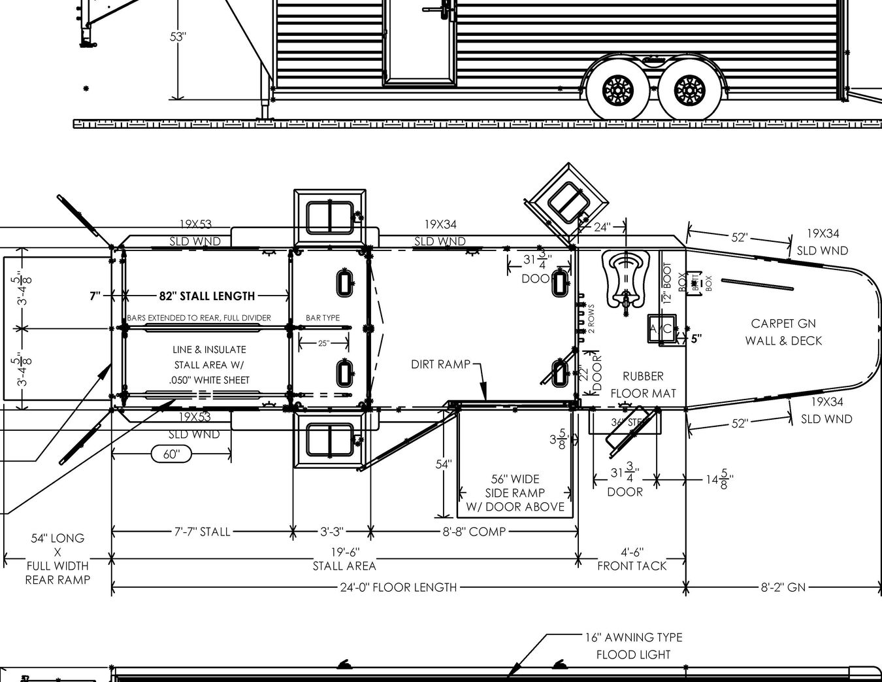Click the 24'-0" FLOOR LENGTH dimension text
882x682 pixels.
pyautogui.click(x=398, y=587)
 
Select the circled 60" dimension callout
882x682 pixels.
pyautogui.click(x=171, y=454)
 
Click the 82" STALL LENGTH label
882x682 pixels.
pyautogui.click(x=206, y=296)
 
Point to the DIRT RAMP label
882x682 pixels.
pyautogui.click(x=440, y=364)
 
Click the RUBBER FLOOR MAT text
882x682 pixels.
pyautogui.click(x=643, y=384)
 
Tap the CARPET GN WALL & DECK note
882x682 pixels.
pyautogui.click(x=783, y=332)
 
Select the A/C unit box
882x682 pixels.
pyautogui.click(x=661, y=330)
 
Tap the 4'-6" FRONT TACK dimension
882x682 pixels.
pyautogui.click(x=632, y=559)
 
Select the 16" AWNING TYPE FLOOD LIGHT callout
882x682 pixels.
pyautogui.click(x=633, y=645)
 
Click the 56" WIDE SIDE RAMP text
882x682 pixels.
pyautogui.click(x=515, y=492)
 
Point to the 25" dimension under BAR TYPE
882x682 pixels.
pyautogui.click(x=323, y=343)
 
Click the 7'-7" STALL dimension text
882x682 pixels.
pyautogui.click(x=202, y=532)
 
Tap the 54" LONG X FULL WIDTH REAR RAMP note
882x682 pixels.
pyautogui.click(x=57, y=558)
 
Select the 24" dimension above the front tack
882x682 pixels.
pyautogui.click(x=602, y=227)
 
